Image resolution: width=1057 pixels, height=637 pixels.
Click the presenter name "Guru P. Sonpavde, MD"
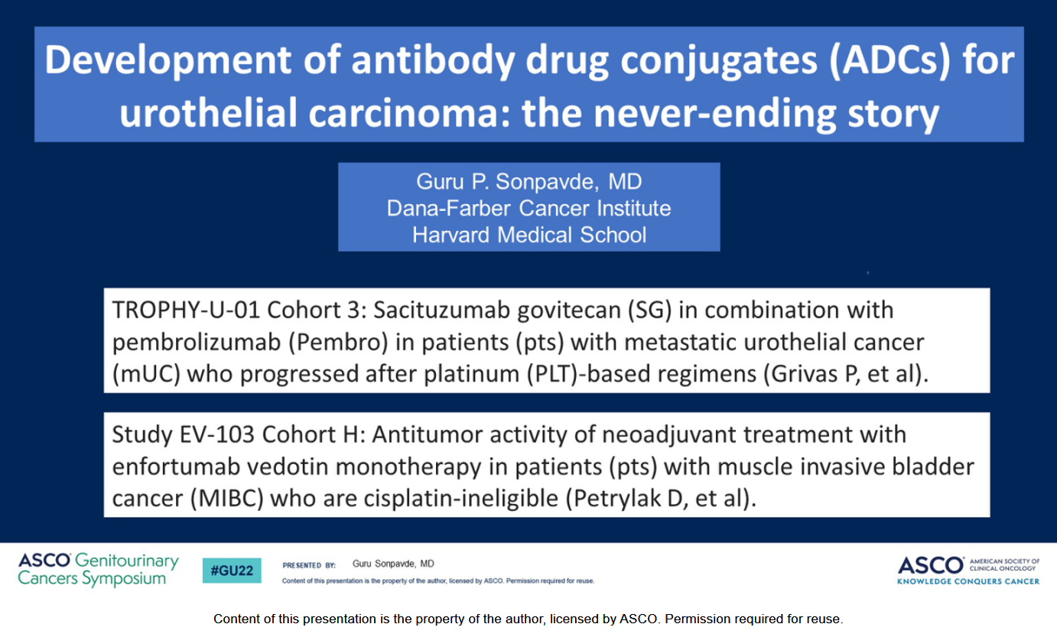click(529, 182)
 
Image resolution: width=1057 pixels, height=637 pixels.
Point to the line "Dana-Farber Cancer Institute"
click(529, 208)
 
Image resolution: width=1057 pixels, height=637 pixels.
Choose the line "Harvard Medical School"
click(529, 235)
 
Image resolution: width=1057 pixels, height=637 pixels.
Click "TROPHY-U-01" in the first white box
click(186, 310)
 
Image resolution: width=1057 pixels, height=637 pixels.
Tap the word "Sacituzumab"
click(441, 310)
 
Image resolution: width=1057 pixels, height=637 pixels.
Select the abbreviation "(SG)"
click(650, 310)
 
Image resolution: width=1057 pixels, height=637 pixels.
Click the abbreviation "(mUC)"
click(146, 374)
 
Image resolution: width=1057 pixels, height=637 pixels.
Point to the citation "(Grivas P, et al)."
click(847, 374)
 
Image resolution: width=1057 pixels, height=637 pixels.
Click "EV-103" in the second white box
click(217, 434)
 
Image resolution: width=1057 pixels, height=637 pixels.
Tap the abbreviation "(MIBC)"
click(226, 499)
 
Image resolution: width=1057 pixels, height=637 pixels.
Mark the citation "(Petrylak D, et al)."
click(661, 499)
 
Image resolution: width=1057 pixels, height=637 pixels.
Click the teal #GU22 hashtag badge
click(232, 570)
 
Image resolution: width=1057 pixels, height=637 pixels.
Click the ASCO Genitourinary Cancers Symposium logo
click(98, 570)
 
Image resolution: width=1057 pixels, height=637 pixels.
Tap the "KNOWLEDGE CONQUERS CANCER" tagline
click(968, 581)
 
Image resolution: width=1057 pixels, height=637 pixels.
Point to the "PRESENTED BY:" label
click(308, 565)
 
